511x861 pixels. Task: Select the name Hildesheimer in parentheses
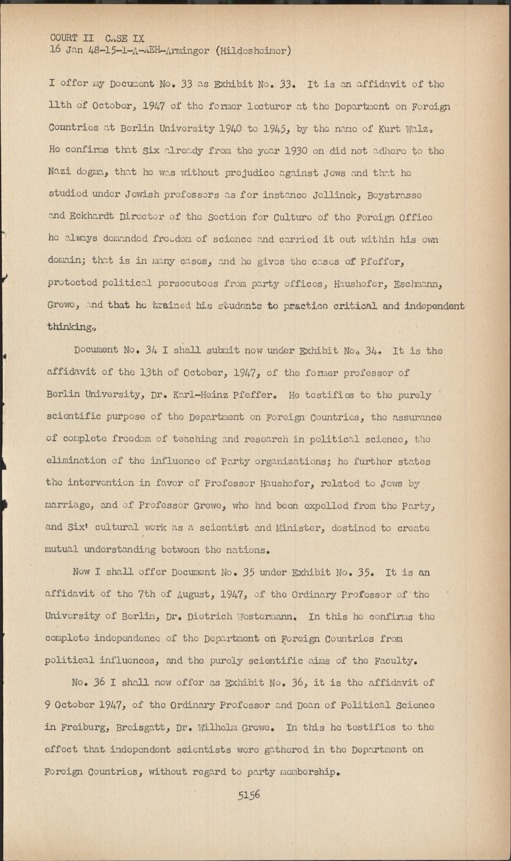tap(253, 50)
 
